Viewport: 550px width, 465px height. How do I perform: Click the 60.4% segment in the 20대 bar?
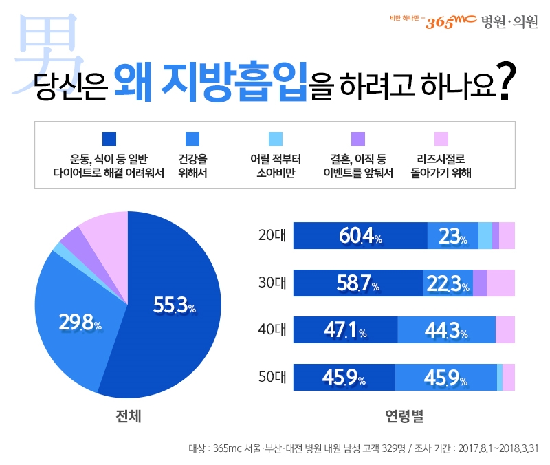click(360, 236)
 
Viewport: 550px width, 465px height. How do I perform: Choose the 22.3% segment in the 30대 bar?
click(448, 283)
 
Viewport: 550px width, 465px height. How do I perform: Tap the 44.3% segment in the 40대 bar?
click(446, 330)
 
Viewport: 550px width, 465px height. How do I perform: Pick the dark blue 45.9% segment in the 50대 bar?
click(344, 377)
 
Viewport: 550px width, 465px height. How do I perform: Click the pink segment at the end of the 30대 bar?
click(500, 283)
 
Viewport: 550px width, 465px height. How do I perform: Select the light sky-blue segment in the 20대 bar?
click(485, 236)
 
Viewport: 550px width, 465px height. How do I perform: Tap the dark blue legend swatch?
click(109, 139)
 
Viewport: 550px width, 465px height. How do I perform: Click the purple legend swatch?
click(358, 139)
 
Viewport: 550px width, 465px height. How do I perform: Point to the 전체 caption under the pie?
click(129, 417)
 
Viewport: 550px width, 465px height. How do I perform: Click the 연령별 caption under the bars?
click(404, 417)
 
